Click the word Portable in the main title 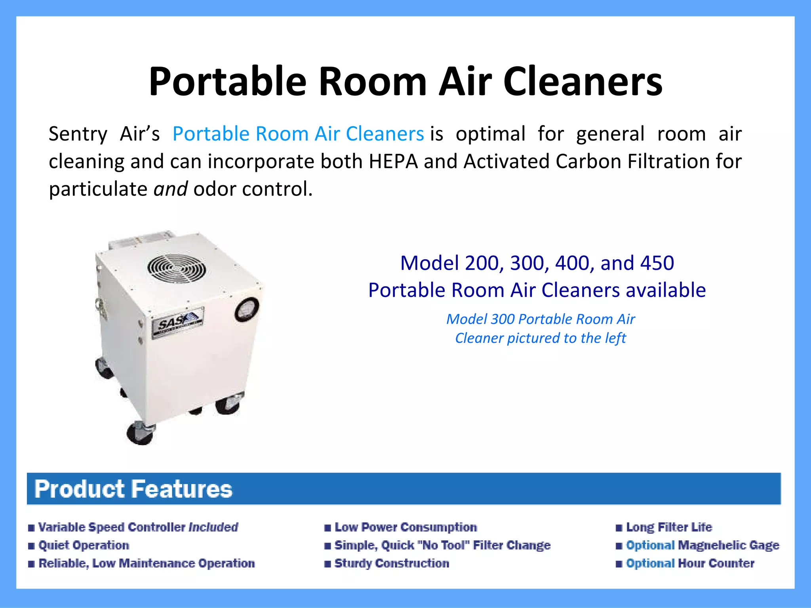227,82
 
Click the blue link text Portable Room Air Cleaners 298,134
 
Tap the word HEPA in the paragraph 393,161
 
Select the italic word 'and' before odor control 170,189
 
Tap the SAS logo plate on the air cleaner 178,322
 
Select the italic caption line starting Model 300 541,319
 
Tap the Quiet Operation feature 84,545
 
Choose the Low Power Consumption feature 405,527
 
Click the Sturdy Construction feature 392,563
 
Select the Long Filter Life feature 669,527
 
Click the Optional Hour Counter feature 690,563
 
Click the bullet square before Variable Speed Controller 31,528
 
